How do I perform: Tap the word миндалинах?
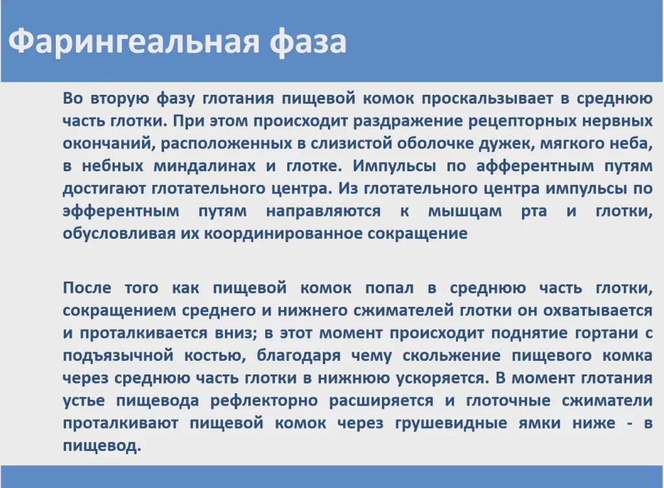204,166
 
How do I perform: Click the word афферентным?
535,166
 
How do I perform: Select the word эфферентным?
121,211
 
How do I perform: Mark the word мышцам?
465,212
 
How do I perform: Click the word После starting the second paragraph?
88,288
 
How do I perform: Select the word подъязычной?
118,356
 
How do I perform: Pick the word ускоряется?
440,378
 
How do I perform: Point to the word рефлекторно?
265,401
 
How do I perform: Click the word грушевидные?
451,423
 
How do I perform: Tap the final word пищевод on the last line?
102,446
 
